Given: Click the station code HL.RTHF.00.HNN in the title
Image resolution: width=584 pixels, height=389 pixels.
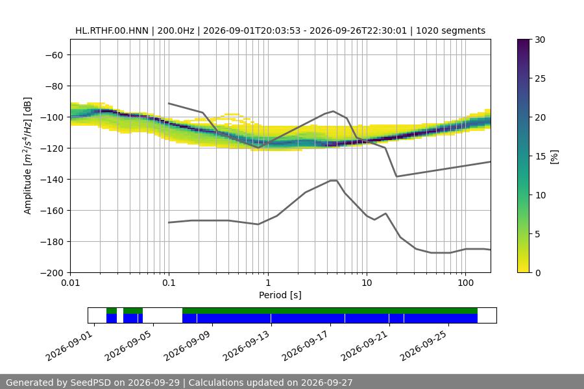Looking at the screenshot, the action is (x=112, y=30).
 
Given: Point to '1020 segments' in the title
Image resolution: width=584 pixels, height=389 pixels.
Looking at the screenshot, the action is (x=451, y=30).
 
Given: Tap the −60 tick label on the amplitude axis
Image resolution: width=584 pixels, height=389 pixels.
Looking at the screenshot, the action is (x=54, y=55).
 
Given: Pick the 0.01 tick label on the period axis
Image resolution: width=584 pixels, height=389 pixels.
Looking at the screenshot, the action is (x=70, y=283).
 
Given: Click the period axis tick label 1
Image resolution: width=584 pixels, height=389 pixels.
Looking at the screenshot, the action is (x=268, y=283).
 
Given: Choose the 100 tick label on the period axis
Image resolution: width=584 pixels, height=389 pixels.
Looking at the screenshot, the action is (x=465, y=283).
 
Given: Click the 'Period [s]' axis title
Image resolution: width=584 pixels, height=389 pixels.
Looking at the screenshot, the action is (x=280, y=295).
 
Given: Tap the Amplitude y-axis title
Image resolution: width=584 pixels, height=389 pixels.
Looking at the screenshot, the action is (x=28, y=156).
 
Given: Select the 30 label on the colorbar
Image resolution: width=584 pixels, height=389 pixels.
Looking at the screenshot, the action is (x=540, y=40).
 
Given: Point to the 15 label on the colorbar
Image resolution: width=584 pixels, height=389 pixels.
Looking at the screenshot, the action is (x=540, y=156).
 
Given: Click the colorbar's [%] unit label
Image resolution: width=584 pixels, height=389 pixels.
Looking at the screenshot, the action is (x=555, y=157).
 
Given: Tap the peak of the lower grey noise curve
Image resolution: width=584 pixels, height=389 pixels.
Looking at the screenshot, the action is (x=334, y=180).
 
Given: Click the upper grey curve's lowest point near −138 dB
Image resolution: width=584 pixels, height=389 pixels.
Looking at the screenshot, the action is (x=396, y=176).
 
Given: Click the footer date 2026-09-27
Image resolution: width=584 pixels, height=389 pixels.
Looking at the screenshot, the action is (x=326, y=383).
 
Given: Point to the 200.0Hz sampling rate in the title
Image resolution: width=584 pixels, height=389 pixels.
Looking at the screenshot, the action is (x=175, y=30).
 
